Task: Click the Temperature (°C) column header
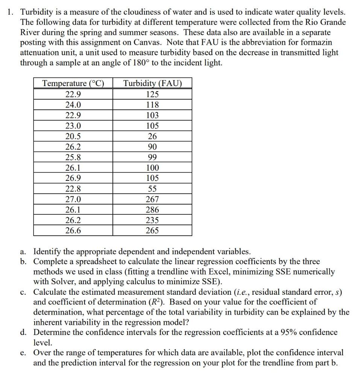73,83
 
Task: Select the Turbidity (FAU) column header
152,83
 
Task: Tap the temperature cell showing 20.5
73,136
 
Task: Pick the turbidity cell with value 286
152,209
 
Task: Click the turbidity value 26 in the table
152,136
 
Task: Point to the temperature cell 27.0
73,199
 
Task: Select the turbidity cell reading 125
152,94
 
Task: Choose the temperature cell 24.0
73,105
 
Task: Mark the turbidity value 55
152,189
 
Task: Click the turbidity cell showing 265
152,230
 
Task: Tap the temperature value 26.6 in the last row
73,230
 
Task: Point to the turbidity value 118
152,105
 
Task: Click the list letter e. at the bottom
24,353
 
